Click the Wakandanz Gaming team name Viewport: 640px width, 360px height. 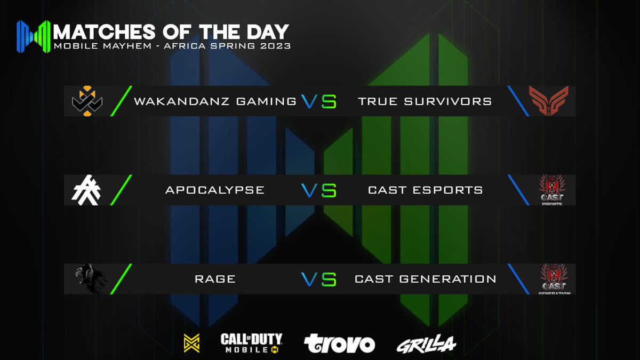pos(215,101)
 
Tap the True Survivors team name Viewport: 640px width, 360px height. pos(425,101)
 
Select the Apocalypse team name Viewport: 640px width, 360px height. pos(215,190)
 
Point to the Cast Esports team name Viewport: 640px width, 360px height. pos(426,190)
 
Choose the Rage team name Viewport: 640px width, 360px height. pos(215,279)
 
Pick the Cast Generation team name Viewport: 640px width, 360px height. pos(426,279)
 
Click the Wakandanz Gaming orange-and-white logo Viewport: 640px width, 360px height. pos(87,101)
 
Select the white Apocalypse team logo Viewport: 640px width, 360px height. pos(86,190)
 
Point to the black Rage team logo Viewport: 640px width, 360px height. pos(90,279)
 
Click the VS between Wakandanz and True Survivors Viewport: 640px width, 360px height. pos(318,101)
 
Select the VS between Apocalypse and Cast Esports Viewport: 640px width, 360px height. pos(318,190)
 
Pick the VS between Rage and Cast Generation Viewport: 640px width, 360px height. pos(318,279)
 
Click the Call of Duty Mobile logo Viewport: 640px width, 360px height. pos(251,343)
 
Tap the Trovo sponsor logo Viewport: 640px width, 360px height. pos(339,344)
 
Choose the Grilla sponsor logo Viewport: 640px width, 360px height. pos(426,345)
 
